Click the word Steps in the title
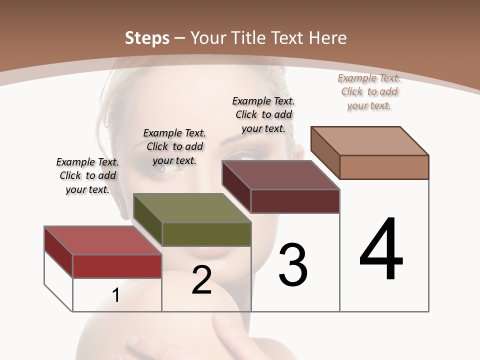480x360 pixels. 147,38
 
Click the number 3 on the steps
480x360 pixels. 293,265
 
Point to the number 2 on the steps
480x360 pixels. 202,280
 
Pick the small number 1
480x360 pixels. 116,295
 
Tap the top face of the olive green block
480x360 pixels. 192,208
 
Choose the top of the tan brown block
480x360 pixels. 370,141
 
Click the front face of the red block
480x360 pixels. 117,266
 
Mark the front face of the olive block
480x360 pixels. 206,234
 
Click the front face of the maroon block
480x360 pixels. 295,201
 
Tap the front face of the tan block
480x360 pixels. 384,167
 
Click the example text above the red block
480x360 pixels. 87,175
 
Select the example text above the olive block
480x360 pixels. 174,146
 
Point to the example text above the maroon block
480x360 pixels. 263,114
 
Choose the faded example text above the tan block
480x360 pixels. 369,91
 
